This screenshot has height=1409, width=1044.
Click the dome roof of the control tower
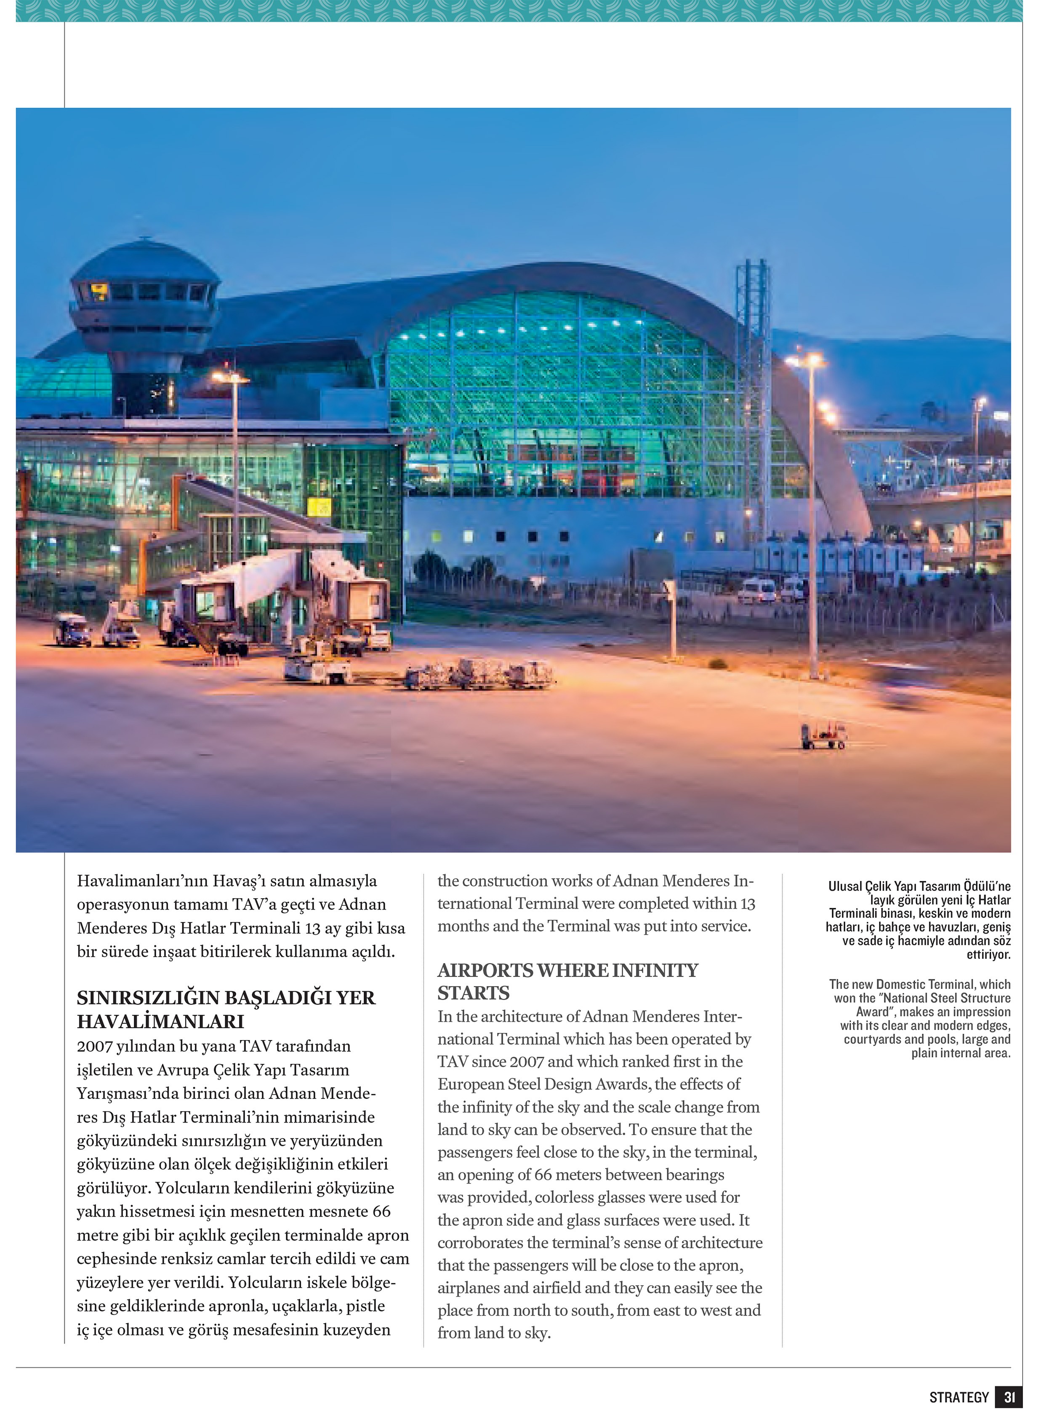click(x=145, y=260)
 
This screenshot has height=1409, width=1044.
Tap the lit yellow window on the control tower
click(x=100, y=291)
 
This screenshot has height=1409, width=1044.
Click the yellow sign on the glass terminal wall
click(x=319, y=507)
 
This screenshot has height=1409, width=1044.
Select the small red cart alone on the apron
click(x=823, y=736)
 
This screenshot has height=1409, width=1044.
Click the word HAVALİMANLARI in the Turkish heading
click(x=160, y=1021)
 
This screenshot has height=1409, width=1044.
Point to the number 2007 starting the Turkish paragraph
click(x=95, y=1046)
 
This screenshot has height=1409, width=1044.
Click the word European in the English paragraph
click(x=469, y=1084)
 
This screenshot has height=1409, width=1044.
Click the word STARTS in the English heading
click(x=473, y=993)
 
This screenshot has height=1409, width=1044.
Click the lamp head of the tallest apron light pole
click(x=805, y=360)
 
